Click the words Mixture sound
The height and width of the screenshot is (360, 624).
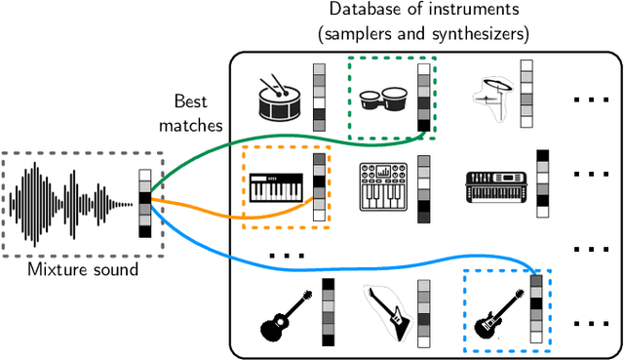(x=72, y=267)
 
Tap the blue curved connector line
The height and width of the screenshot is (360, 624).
(x=292, y=255)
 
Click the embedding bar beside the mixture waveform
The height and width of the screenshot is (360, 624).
(x=144, y=203)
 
